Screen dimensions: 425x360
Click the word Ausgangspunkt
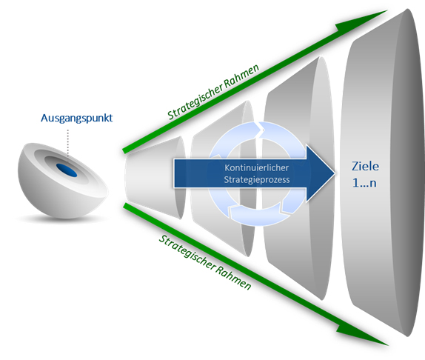tap(77, 119)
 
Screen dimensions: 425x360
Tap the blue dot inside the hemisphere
tap(67, 170)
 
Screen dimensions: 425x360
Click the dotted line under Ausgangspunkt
tap(68, 143)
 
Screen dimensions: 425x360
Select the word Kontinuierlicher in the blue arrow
tap(256, 168)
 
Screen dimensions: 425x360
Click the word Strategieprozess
tap(257, 180)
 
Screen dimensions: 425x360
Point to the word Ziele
tap(365, 166)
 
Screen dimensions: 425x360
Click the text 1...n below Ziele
tap(364, 183)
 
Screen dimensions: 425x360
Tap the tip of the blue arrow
tap(335, 173)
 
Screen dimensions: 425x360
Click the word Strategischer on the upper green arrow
tap(195, 101)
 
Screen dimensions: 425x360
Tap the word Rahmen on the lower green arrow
tap(234, 278)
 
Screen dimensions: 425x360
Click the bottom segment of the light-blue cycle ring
tap(256, 216)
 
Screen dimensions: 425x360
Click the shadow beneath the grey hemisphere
tap(62, 219)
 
